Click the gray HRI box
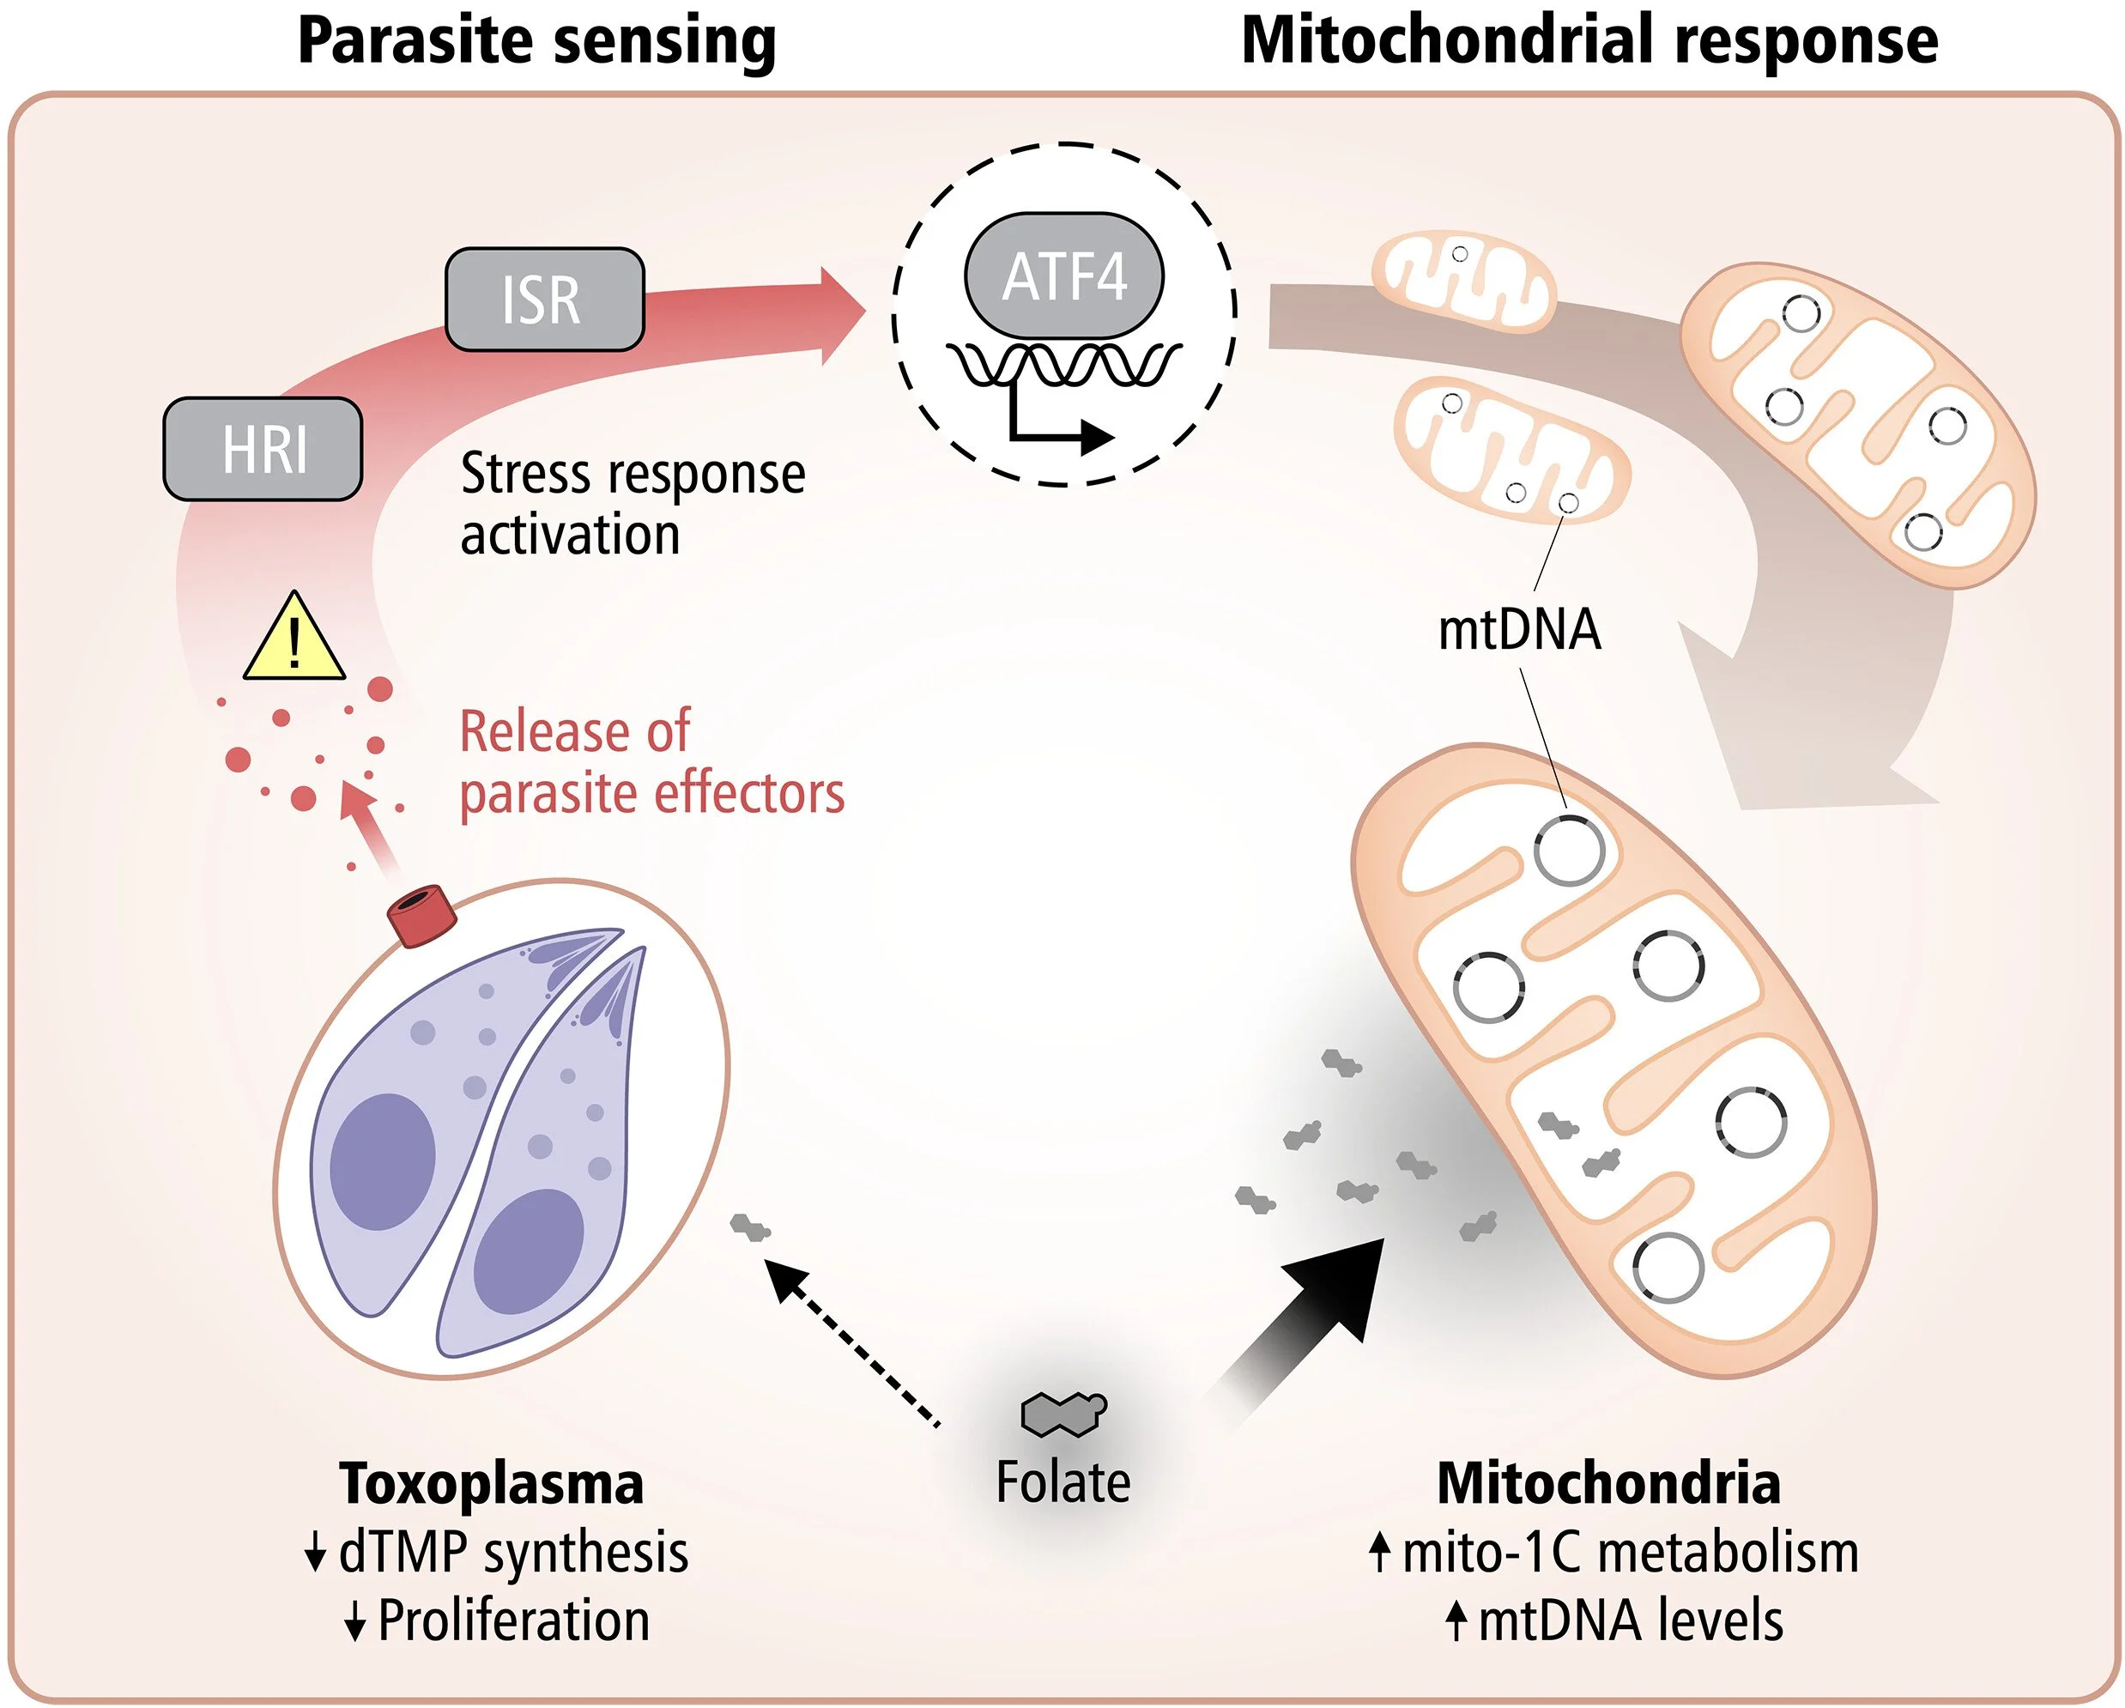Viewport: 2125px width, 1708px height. click(262, 450)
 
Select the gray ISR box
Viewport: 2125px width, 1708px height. click(544, 300)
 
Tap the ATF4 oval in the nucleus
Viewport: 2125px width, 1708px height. click(1063, 276)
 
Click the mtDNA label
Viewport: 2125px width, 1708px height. click(1519, 631)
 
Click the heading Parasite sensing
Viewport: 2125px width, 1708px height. click(537, 41)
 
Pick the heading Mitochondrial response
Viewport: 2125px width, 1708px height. click(1589, 41)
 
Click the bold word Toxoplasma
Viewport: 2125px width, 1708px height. click(491, 1483)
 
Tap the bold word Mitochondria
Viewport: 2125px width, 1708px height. click(1608, 1483)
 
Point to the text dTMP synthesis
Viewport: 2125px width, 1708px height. click(512, 1553)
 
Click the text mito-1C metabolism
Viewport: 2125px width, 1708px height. click(1630, 1553)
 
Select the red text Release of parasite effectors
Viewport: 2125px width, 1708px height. click(651, 762)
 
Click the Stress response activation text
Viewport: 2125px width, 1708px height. click(632, 504)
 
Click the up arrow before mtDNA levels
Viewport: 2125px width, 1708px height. click(1456, 1621)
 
